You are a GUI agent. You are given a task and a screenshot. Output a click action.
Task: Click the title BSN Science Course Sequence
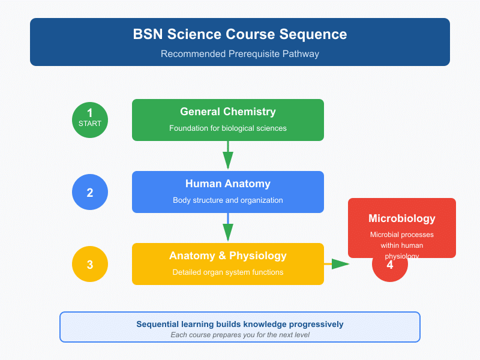tap(240, 34)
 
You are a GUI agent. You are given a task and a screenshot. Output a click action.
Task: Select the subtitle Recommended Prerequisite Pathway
tap(240, 54)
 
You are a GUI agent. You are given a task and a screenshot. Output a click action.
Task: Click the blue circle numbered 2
tap(90, 193)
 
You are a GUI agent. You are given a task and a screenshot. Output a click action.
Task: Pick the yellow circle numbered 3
tap(90, 264)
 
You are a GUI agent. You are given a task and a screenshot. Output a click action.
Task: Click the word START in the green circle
tap(90, 124)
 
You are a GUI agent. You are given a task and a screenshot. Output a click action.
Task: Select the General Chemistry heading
tap(228, 112)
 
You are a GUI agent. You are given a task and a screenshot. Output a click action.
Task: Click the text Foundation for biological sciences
tap(228, 128)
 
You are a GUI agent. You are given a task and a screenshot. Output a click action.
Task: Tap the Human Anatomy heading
tap(228, 184)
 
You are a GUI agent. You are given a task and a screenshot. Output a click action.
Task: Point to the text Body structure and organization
tap(228, 200)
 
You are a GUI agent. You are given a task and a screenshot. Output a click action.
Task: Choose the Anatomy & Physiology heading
tap(228, 256)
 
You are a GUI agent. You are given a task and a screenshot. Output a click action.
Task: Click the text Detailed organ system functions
tap(228, 272)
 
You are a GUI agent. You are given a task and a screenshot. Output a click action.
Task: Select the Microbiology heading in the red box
tap(402, 218)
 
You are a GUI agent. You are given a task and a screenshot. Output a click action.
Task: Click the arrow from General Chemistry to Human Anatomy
tap(228, 156)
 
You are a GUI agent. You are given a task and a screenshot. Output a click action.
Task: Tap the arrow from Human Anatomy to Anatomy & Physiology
tap(228, 228)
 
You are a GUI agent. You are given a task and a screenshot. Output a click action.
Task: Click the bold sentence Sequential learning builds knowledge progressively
tap(240, 324)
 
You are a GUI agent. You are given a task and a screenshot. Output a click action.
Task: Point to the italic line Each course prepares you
tap(240, 335)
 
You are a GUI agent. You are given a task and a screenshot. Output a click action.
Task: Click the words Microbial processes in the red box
tap(402, 235)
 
